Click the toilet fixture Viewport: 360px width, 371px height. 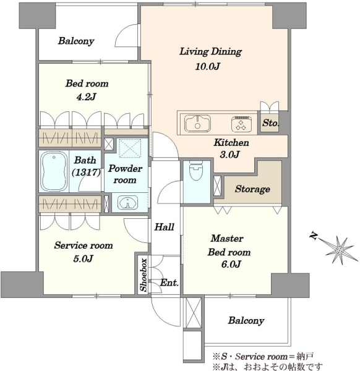[196, 170]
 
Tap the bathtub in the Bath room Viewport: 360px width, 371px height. [54, 171]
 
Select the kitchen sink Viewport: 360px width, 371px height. [198, 124]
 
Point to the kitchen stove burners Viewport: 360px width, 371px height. [241, 124]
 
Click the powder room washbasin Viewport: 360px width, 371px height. [128, 202]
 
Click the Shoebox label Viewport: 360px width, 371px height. [144, 275]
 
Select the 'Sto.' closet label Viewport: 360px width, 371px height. [270, 123]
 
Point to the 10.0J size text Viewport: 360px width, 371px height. [208, 67]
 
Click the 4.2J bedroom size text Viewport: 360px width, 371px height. [86, 97]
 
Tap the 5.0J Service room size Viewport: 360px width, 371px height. [83, 258]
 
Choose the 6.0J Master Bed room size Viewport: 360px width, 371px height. [231, 264]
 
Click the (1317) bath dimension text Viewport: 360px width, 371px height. [86, 173]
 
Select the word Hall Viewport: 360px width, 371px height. [165, 227]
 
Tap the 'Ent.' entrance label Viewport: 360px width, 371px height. [169, 283]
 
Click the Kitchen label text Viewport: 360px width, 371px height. [231, 142]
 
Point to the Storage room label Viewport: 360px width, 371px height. [252, 189]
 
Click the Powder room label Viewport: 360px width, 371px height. [125, 174]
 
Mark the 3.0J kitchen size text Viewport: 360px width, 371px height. [229, 155]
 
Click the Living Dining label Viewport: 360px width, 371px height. [210, 51]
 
